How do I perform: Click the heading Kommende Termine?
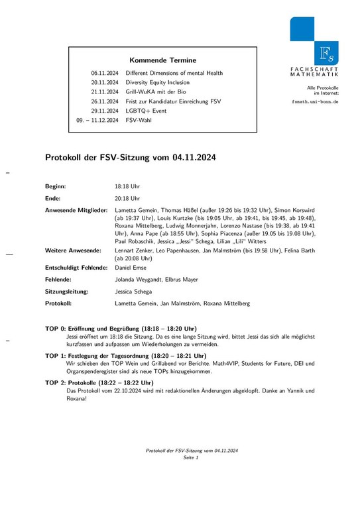[161, 59]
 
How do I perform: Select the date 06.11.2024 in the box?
[105, 73]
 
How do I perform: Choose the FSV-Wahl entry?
[139, 120]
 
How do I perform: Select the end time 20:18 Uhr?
[127, 198]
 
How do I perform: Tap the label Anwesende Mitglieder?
[76, 209]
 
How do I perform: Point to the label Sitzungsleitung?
[67, 291]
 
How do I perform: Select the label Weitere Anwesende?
[73, 251]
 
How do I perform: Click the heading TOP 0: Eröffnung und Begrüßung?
[121, 328]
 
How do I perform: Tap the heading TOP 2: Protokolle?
[99, 382]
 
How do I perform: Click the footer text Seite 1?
[192, 458]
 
